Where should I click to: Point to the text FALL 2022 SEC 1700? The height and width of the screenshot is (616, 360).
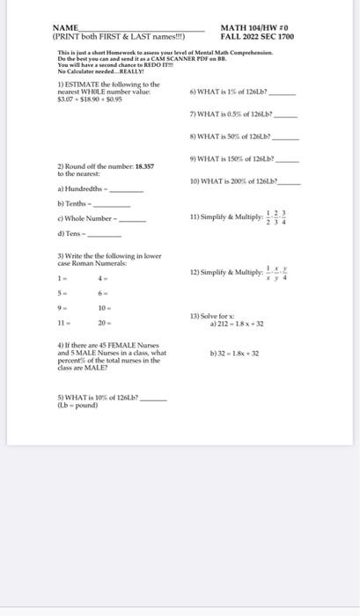pos(257,38)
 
